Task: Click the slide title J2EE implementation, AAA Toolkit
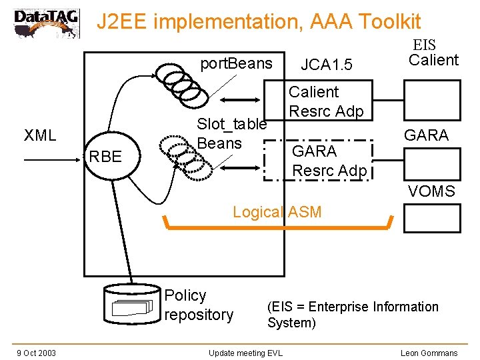[259, 22]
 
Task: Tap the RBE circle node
[105, 157]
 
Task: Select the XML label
[40, 136]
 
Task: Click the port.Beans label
[237, 63]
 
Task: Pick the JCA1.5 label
[326, 65]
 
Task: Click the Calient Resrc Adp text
[325, 101]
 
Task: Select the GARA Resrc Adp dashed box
[317, 161]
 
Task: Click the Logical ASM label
[277, 212]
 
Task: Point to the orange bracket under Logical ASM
[277, 227]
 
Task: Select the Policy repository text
[199, 305]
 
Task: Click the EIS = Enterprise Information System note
[353, 315]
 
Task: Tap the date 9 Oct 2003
[36, 353]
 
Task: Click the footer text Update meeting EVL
[245, 353]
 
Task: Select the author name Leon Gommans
[429, 353]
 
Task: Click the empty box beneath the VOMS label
[432, 217]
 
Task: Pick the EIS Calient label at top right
[432, 53]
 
